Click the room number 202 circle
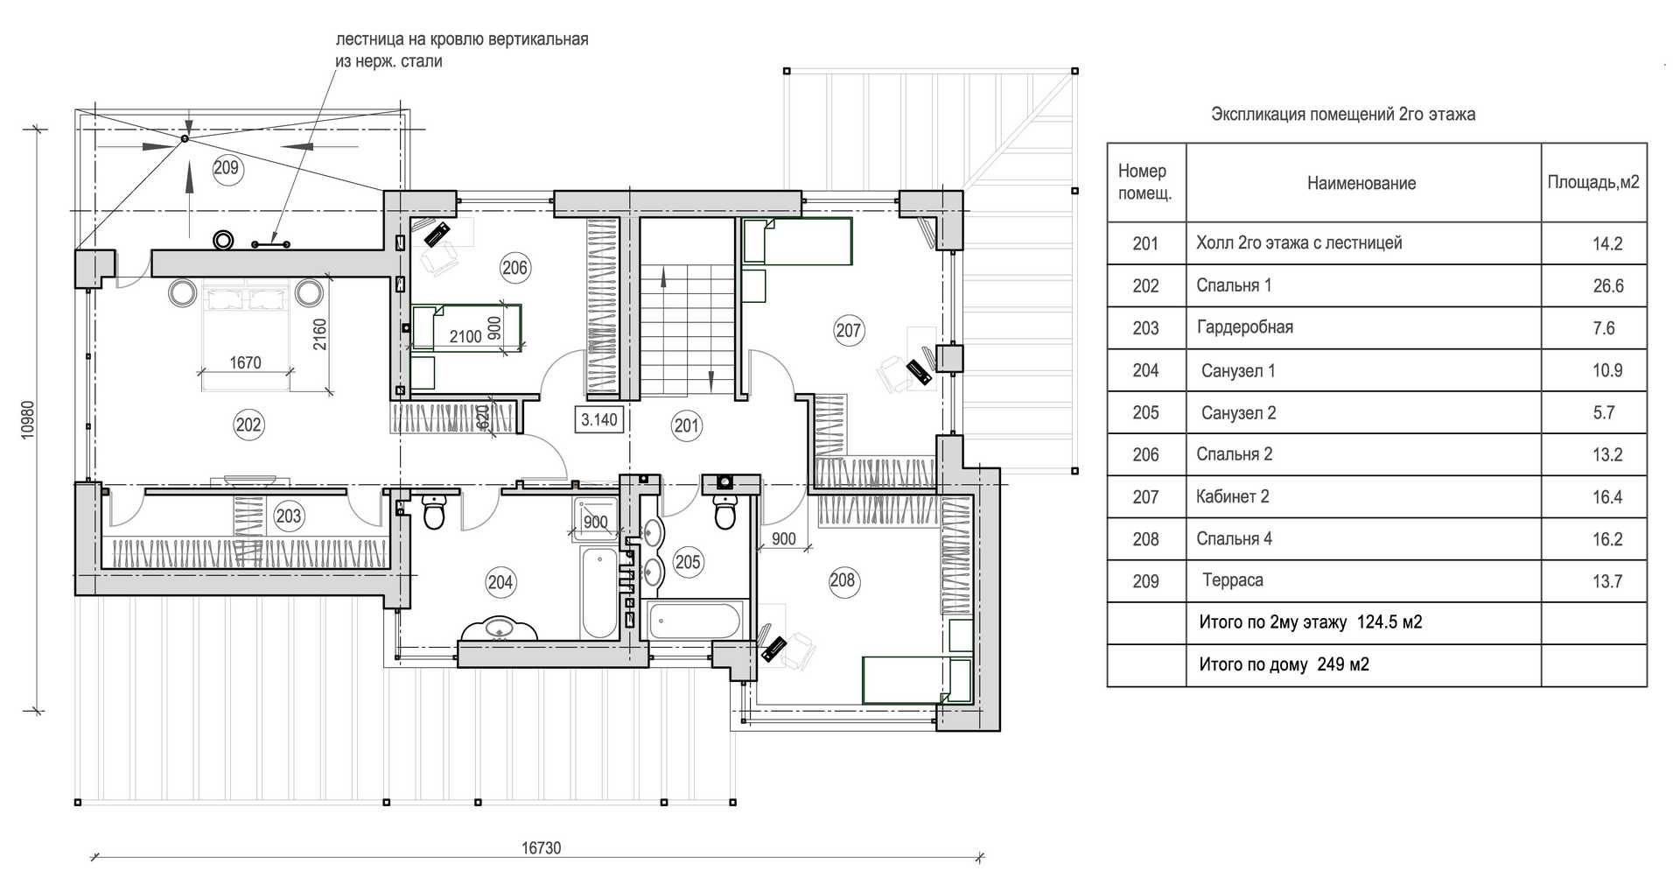248,425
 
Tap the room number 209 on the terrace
226,168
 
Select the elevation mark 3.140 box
599,420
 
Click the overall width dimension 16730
541,847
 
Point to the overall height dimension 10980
27,419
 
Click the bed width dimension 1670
245,362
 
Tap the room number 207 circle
848,331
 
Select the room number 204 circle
500,582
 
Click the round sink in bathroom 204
500,629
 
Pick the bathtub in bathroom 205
696,621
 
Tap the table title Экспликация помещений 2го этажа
1343,115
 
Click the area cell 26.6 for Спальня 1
1607,286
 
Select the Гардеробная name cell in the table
1244,327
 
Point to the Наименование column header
1361,183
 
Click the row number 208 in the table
1145,539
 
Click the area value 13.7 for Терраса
1607,581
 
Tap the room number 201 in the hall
687,426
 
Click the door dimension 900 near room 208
784,538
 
